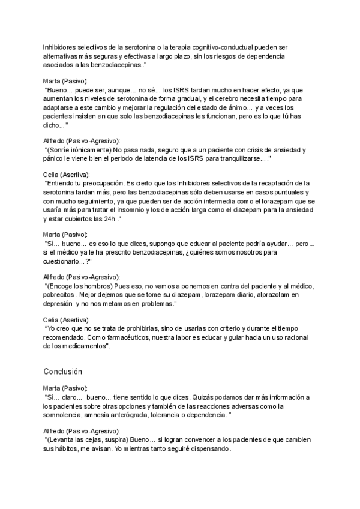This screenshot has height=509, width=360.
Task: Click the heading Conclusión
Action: pos(63,372)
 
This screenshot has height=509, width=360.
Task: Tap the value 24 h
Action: pos(109,219)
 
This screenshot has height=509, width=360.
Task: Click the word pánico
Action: pos(55,158)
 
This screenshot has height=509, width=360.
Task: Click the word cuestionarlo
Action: pos(66,262)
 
